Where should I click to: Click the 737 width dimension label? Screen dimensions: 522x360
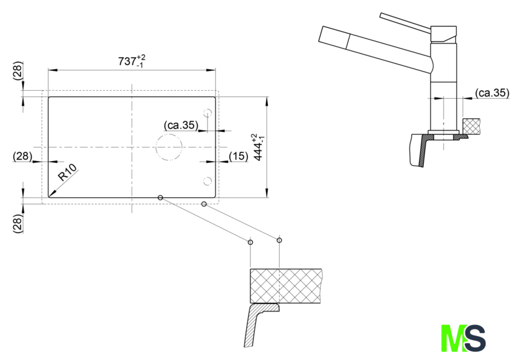click(x=132, y=62)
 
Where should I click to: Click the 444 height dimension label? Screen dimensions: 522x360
click(x=259, y=147)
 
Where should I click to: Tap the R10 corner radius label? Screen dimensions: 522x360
click(x=67, y=172)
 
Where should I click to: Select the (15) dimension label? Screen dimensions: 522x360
click(x=239, y=156)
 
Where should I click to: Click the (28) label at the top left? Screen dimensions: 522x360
click(x=17, y=70)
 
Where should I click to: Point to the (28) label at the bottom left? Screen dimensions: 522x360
click(x=17, y=223)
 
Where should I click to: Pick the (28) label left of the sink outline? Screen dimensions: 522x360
click(x=22, y=156)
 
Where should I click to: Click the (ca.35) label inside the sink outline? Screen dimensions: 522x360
click(x=181, y=125)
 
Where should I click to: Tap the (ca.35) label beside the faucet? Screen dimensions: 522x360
click(x=492, y=93)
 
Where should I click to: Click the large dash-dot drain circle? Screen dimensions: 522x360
click(x=169, y=134)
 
